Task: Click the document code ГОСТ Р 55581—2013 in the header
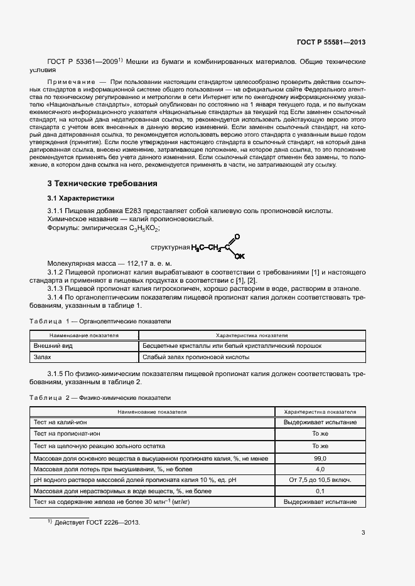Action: tap(331, 43)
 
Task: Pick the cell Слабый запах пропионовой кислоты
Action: tap(196, 357)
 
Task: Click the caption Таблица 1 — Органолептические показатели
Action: tap(100, 322)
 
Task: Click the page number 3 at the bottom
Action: tap(363, 533)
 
